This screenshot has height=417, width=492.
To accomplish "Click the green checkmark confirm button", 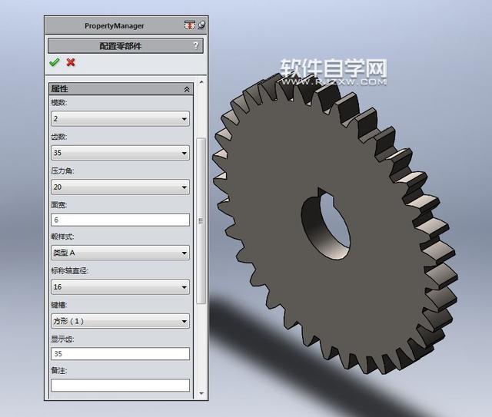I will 54,62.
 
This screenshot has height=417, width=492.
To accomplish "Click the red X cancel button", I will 71,62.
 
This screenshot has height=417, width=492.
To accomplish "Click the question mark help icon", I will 196,46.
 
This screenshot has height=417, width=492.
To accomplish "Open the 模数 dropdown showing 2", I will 120,119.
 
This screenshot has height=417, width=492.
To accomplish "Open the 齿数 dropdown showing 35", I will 120,153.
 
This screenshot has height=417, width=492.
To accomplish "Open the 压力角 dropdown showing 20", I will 120,187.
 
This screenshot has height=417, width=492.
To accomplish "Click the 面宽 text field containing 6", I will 120,220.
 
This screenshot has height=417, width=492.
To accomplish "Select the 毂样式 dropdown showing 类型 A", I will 120,253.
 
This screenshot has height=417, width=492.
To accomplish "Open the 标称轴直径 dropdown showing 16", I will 120,287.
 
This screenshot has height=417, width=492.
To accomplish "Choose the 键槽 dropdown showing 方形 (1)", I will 120,321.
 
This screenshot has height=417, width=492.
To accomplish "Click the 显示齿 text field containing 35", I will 120,354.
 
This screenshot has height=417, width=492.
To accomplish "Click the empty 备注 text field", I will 120,386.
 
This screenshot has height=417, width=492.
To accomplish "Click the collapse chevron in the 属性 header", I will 186,89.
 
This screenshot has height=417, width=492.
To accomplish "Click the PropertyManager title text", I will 114,25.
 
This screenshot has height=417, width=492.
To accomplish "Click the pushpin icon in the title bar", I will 201,25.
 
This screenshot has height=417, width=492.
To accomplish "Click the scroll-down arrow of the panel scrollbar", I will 201,394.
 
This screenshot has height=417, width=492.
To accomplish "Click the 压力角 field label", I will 62,170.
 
